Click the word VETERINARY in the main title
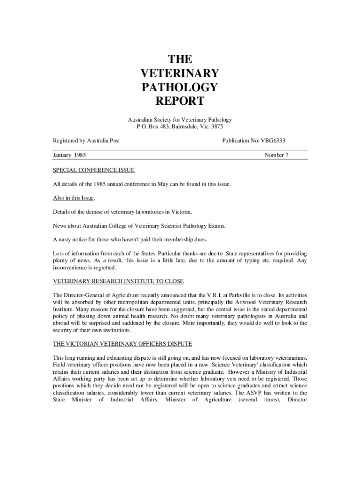(180, 73)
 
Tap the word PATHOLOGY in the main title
(180, 87)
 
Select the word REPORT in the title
(180, 101)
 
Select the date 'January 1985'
(69, 155)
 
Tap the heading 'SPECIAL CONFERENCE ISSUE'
(94, 170)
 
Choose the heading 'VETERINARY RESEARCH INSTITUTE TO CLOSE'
(118, 281)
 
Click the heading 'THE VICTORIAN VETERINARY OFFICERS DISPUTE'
(122, 344)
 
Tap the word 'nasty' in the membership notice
(65, 239)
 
